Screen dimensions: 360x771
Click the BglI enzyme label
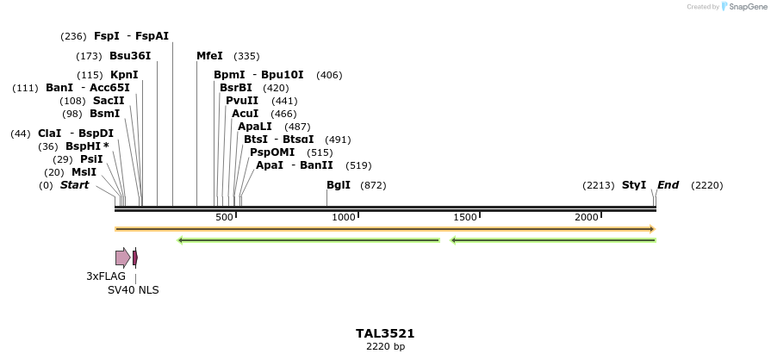pos(339,185)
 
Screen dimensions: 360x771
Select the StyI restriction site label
pos(634,185)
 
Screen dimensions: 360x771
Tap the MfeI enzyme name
pos(209,56)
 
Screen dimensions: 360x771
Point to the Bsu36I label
pos(130,56)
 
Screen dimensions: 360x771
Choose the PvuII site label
pos(242,101)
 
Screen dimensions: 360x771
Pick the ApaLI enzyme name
pos(255,127)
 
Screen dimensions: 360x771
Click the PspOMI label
pos(272,152)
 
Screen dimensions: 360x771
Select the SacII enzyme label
pos(109,101)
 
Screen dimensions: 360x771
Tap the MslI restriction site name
pos(84,172)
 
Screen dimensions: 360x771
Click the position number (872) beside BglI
pos(373,185)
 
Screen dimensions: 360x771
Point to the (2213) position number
pos(599,185)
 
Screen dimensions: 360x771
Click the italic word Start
pos(74,185)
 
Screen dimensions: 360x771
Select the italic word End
pos(668,185)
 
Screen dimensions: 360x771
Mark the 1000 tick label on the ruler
pos(344,217)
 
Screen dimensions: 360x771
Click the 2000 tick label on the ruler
pos(587,217)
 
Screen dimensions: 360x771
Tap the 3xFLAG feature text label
pos(106,276)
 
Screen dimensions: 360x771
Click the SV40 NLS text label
pos(134,290)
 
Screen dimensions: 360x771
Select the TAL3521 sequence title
pos(385,333)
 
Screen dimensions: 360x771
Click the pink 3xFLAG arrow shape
pos(122,257)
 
